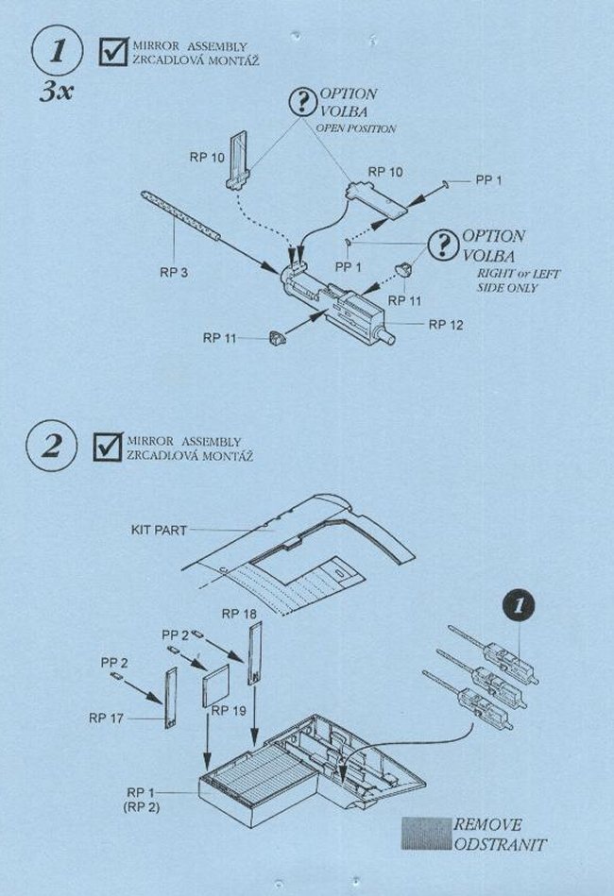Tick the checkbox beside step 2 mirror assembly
click(x=110, y=447)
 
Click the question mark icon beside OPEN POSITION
click(x=304, y=103)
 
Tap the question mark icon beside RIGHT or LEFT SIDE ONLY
click(x=442, y=245)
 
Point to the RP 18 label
click(x=239, y=614)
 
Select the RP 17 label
click(x=107, y=718)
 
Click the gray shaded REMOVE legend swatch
click(x=426, y=834)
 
